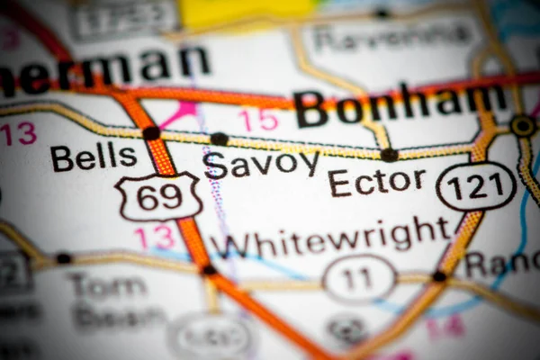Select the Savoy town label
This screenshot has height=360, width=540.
261,164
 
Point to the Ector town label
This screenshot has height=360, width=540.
376,181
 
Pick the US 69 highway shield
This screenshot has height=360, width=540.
158,196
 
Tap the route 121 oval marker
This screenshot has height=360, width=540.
476,187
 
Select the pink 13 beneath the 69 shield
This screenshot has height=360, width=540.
154,238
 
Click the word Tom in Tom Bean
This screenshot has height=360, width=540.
106,286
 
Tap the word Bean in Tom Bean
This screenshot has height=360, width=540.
118,317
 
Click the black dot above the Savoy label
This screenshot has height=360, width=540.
219,139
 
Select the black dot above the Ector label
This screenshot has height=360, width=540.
389,154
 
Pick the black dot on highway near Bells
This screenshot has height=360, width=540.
151,133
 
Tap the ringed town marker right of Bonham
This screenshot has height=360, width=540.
522,125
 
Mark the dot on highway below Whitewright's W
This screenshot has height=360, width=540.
209,268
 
